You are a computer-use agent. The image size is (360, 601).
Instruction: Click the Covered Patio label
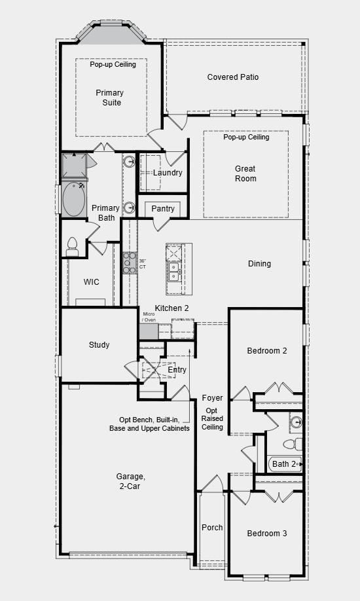232,77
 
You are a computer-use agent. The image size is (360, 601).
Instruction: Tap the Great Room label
245,173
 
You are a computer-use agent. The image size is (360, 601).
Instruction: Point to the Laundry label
168,173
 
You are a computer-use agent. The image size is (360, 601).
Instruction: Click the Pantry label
163,209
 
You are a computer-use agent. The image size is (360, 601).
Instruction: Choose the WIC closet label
92,282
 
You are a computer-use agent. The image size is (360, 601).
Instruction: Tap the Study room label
99,345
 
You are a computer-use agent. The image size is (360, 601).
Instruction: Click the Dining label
259,264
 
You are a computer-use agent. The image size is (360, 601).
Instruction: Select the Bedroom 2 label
266,351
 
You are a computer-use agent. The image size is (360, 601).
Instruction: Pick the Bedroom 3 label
266,534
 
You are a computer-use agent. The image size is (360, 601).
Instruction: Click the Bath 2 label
284,464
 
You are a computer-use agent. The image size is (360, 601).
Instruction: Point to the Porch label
211,528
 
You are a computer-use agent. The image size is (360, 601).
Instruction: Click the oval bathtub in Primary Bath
73,200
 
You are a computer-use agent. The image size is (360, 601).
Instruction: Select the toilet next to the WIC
72,247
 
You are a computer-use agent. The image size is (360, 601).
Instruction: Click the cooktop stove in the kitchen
130,263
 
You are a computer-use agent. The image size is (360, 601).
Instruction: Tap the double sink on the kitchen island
173,271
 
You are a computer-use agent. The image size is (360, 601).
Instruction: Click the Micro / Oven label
149,317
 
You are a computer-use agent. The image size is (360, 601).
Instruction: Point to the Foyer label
212,398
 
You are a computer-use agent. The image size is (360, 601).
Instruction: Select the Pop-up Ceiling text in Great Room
245,137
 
